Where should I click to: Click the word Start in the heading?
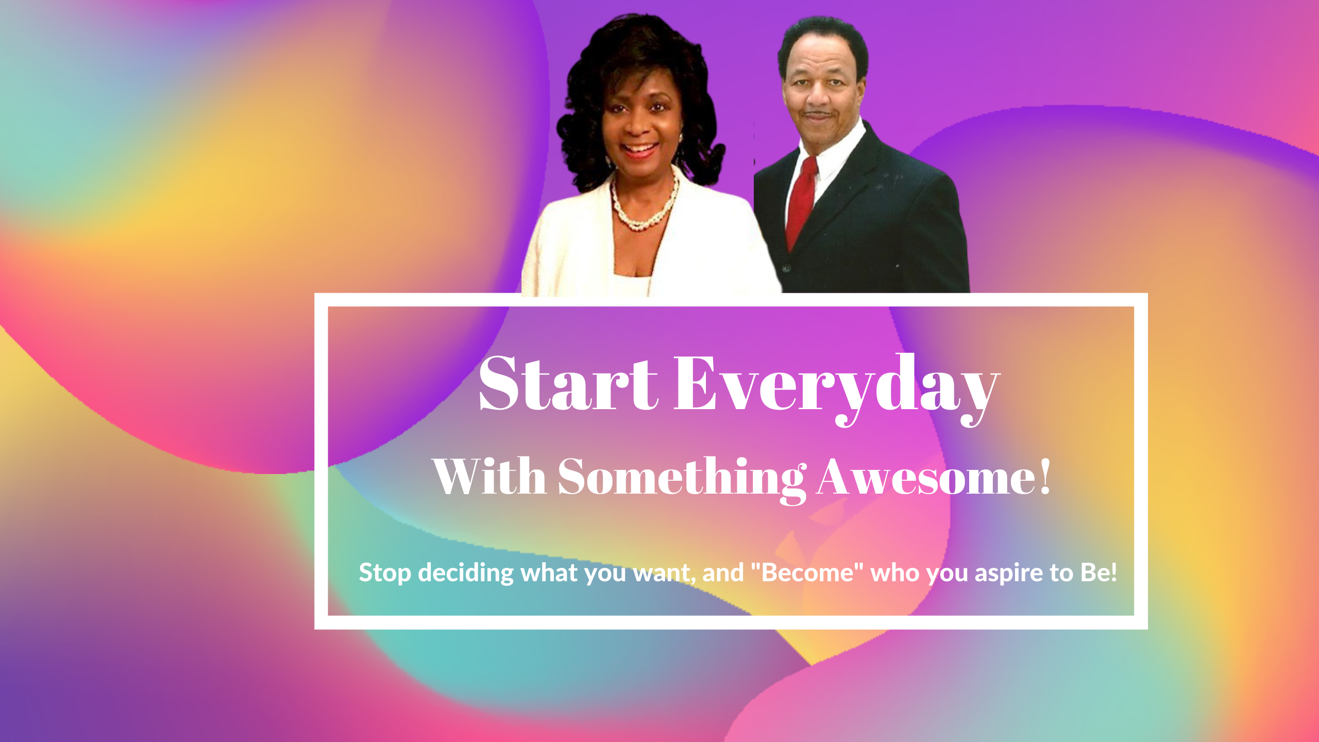568,383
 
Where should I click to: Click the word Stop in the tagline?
384,573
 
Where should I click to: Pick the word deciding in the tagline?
466,573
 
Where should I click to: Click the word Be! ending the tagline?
1099,572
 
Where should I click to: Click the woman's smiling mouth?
639,149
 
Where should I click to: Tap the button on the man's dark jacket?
786,268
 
